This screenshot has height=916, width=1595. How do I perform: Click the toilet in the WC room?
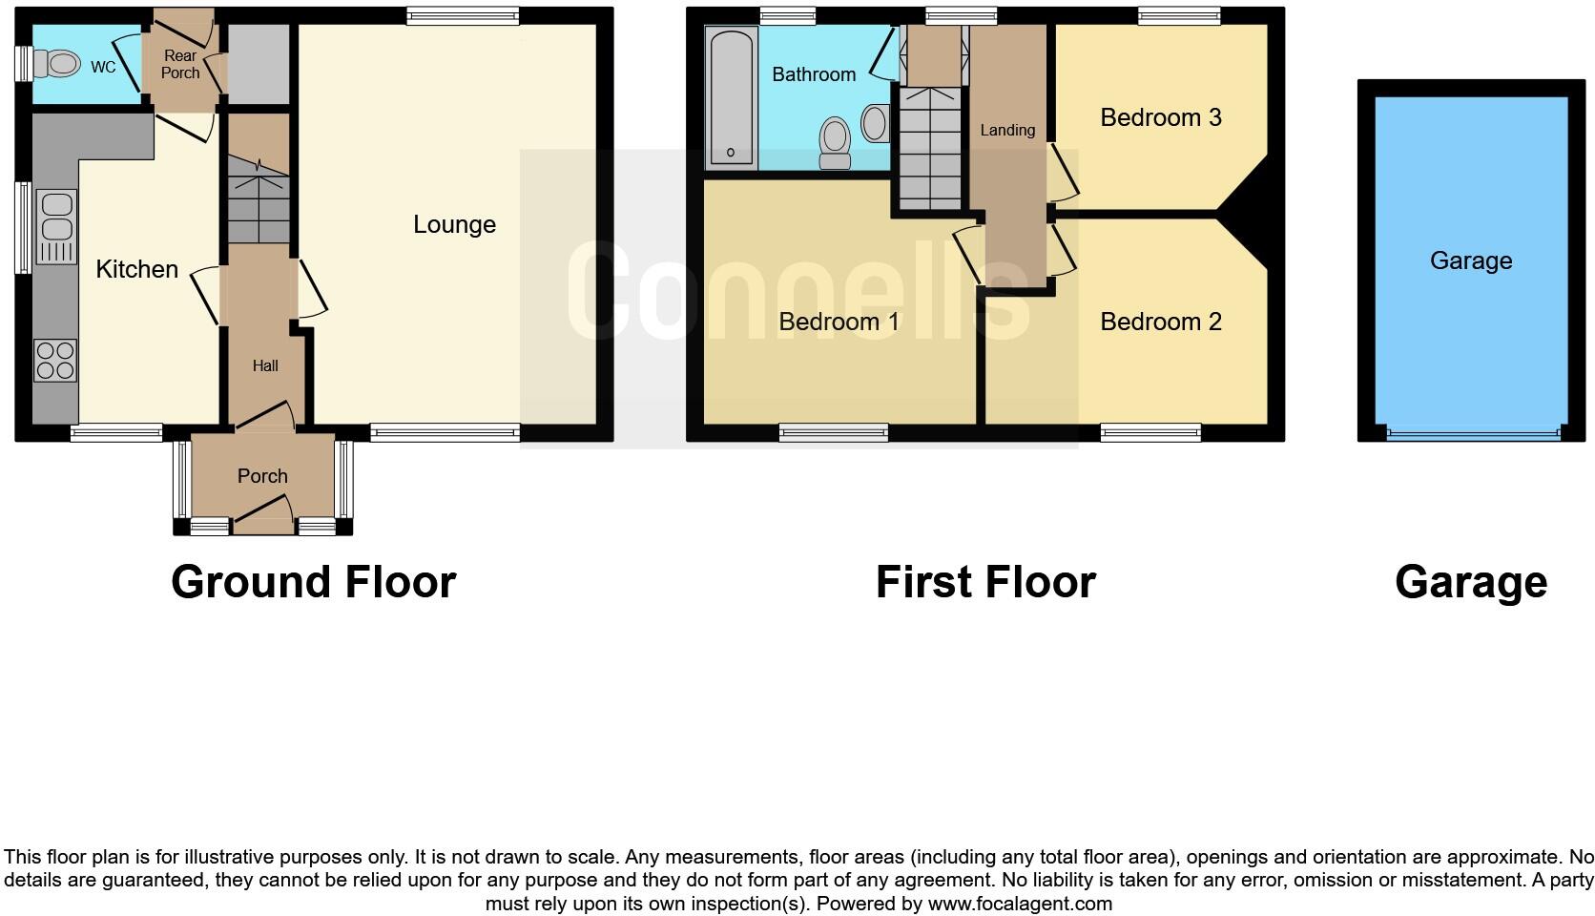tap(59, 64)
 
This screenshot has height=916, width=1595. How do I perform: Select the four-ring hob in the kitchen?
tap(55, 360)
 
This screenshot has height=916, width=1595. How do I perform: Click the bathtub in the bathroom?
tap(732, 96)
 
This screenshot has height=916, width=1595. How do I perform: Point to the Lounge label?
tap(454, 224)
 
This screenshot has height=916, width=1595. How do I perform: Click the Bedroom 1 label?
tap(839, 322)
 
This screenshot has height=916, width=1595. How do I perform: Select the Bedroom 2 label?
tap(1160, 322)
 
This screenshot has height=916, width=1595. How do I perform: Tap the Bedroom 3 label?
tap(1160, 117)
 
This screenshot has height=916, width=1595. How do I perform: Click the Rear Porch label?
tap(180, 64)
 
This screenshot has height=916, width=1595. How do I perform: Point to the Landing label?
tap(1007, 130)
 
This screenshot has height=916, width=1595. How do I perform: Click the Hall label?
tap(265, 365)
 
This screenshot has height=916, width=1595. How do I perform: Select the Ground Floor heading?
tap(313, 582)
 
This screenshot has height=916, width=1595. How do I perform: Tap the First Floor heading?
tap(985, 582)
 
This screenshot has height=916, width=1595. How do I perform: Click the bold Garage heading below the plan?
tap(1470, 582)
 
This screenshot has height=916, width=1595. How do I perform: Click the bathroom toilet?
tap(835, 143)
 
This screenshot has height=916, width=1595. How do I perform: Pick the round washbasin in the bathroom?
tap(875, 123)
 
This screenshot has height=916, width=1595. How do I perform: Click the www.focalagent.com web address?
tap(1019, 904)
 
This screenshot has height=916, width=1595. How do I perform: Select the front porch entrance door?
tap(262, 519)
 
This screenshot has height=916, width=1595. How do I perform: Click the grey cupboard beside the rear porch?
tap(258, 64)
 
